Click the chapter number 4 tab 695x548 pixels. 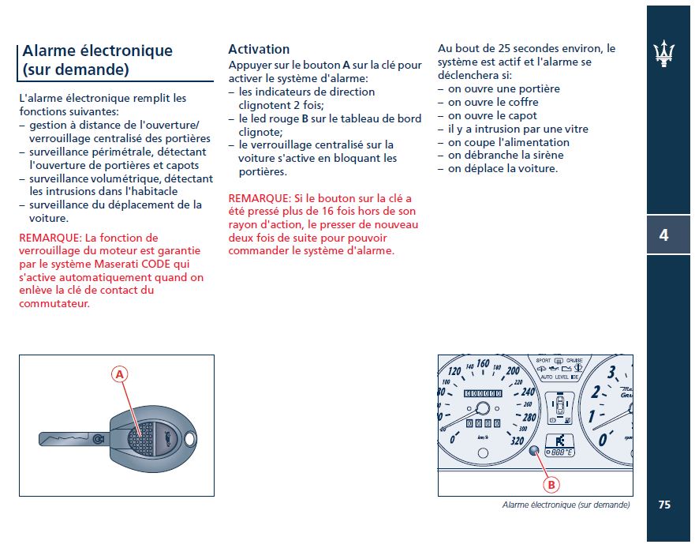(x=664, y=235)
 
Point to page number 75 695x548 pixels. (x=664, y=505)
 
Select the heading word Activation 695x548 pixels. (x=259, y=49)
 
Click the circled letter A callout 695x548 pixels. (x=120, y=375)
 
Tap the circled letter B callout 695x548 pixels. (x=551, y=483)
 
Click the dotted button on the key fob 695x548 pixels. (x=142, y=432)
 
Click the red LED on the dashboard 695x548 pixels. (x=535, y=452)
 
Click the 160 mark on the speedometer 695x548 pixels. (x=483, y=364)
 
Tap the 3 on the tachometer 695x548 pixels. (x=612, y=373)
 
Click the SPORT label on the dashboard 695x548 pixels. (x=544, y=361)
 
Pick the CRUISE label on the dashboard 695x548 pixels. (x=574, y=361)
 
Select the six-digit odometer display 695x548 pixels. (x=484, y=392)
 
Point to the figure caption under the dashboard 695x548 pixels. (x=566, y=505)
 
